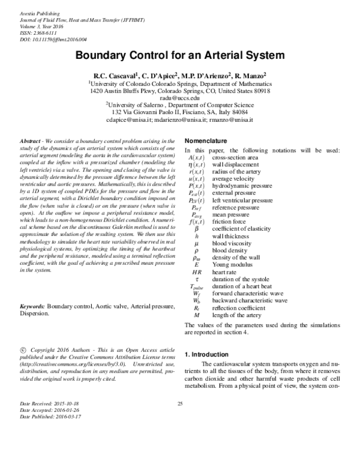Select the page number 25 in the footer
point(179,420)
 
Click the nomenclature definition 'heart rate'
point(225,271)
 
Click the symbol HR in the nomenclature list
point(196,271)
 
